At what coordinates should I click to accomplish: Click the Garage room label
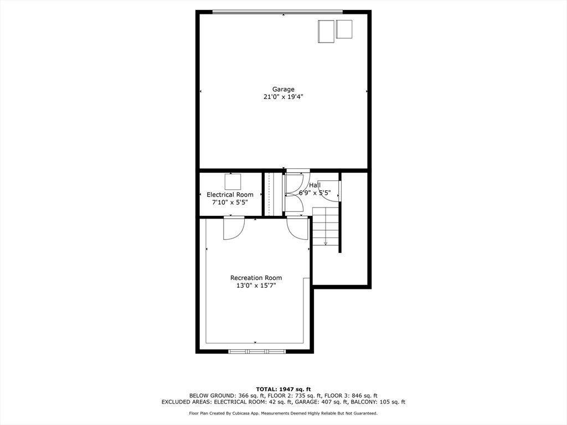[x=283, y=89]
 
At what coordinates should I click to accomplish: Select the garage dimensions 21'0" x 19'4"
[x=283, y=97]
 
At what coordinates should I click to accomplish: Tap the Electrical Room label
[x=230, y=195]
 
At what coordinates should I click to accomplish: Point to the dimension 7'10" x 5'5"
[x=230, y=203]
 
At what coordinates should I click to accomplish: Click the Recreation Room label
[x=256, y=278]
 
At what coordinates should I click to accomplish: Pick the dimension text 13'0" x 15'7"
[x=256, y=286]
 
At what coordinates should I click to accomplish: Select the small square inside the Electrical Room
[x=233, y=182]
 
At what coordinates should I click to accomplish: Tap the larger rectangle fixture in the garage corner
[x=326, y=31]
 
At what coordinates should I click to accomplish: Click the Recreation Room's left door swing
[x=233, y=228]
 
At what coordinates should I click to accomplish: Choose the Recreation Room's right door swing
[x=298, y=228]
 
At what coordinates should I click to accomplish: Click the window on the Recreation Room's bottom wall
[x=257, y=351]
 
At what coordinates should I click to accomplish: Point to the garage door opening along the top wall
[x=277, y=12]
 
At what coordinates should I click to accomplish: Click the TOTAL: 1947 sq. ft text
[x=283, y=389]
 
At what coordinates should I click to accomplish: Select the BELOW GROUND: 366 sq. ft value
[x=220, y=396]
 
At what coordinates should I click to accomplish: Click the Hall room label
[x=315, y=185]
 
